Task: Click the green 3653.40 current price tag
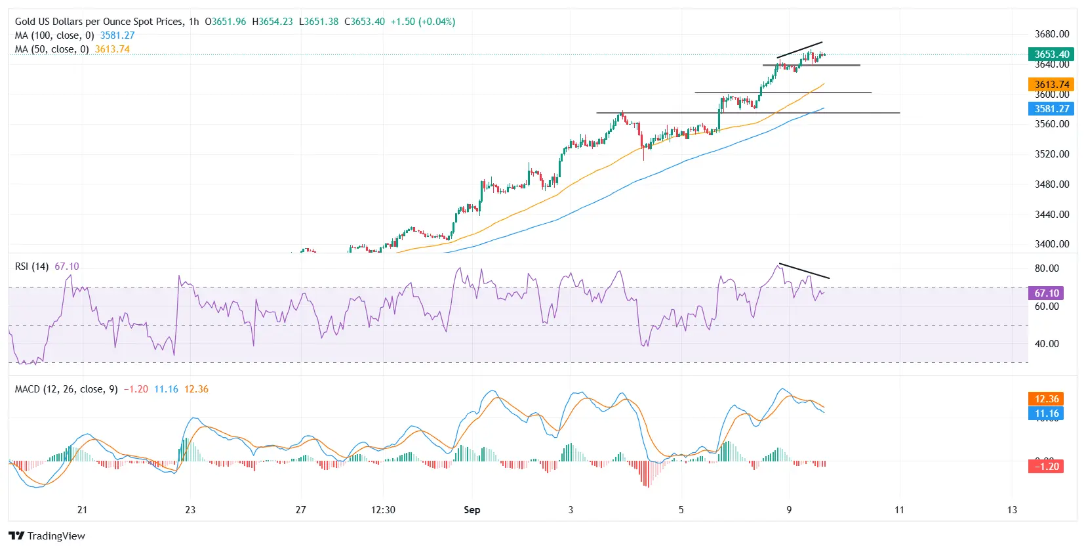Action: coord(1051,54)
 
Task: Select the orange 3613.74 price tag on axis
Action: coord(1051,84)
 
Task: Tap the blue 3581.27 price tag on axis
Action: coord(1051,109)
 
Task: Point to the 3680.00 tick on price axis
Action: coord(1051,34)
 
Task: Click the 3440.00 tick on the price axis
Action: coord(1051,214)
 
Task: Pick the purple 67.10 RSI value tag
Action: coord(1046,293)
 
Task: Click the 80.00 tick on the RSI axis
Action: coord(1047,268)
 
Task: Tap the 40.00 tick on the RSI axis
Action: coord(1047,344)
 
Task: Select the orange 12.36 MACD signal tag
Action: coord(1046,399)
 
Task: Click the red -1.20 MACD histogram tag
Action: coord(1046,467)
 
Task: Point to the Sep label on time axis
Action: coord(472,510)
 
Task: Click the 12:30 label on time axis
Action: coord(383,510)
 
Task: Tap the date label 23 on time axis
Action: coord(190,510)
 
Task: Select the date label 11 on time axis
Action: coord(899,510)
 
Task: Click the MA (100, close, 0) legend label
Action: coord(54,35)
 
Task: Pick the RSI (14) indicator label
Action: coord(31,266)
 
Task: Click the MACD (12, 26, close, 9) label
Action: coord(66,389)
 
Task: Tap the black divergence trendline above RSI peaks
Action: coord(804,272)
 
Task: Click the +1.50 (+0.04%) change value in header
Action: coord(422,22)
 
